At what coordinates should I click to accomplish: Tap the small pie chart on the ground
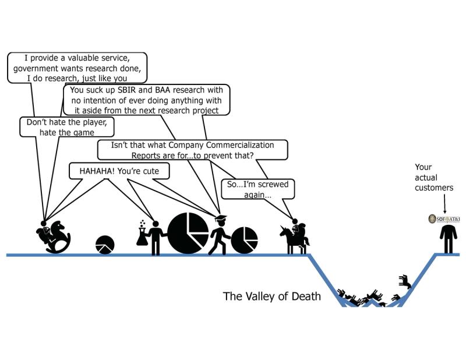pyautogui.click(x=104, y=245)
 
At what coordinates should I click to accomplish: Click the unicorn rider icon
pyautogui.click(x=297, y=237)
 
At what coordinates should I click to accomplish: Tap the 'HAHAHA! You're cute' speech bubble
pyautogui.click(x=119, y=171)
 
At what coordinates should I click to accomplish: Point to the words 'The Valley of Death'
pyautogui.click(x=271, y=297)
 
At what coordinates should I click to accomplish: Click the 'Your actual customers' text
pyautogui.click(x=433, y=177)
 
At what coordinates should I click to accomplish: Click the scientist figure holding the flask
pyautogui.click(x=156, y=236)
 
